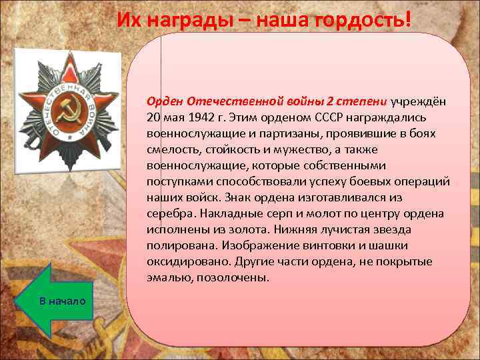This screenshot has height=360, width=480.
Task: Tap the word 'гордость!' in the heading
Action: point(364,20)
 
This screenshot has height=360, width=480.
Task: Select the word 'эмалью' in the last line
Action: point(169,277)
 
